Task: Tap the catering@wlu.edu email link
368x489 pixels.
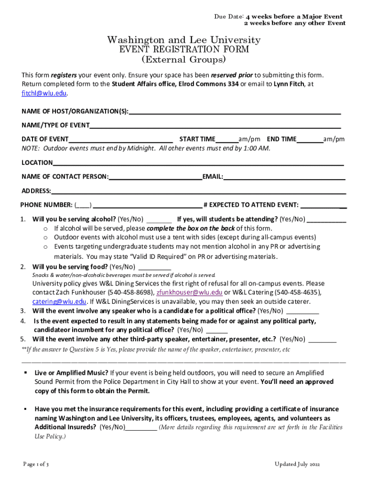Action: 59,302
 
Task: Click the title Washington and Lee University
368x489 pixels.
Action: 184,40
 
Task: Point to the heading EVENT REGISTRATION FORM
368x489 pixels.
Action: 184,50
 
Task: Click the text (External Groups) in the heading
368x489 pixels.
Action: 184,60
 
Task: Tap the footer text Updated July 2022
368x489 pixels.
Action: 297,464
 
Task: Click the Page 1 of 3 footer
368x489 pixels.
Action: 36,464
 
